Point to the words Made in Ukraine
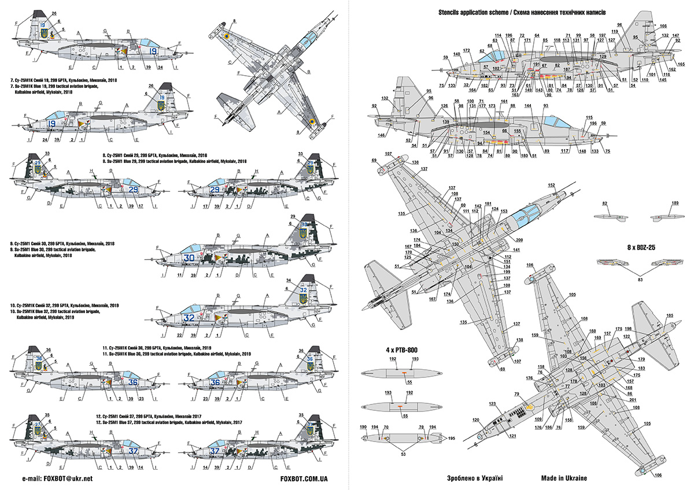click(x=564, y=478)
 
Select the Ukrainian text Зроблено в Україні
click(x=475, y=478)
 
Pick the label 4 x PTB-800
click(x=386, y=349)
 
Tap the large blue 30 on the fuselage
click(x=189, y=258)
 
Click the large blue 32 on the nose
click(x=189, y=318)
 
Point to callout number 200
click(x=519, y=240)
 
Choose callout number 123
click(x=493, y=404)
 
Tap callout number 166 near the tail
click(x=663, y=26)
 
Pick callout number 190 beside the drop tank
click(x=363, y=428)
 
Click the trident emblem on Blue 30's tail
click(x=302, y=234)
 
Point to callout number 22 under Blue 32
click(x=180, y=335)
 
